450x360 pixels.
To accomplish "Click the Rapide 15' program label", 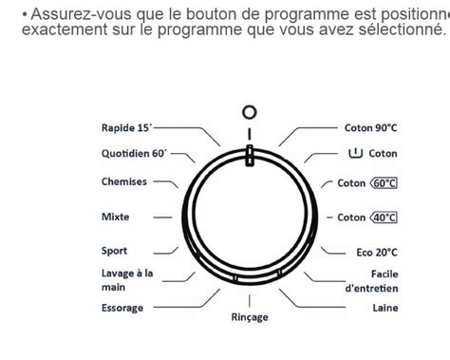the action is click(x=126, y=128).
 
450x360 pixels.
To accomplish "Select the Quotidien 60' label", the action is click(x=134, y=154).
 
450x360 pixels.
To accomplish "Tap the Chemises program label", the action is click(x=124, y=181).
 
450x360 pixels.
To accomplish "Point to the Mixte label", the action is click(x=116, y=217).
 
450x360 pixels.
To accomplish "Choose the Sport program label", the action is click(x=114, y=251).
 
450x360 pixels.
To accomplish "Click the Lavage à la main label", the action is click(x=127, y=280).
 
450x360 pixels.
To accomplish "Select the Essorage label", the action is click(x=122, y=308).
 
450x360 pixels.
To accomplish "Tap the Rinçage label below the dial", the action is click(x=250, y=317).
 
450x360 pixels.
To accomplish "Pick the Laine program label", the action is click(x=385, y=308).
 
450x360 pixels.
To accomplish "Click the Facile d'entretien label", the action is click(x=371, y=281).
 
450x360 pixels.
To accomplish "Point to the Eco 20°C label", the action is click(x=377, y=253).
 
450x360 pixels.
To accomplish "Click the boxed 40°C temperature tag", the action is click(x=384, y=218).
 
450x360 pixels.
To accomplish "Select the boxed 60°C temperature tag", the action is click(x=384, y=183).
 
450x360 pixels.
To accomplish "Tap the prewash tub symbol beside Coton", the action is click(x=355, y=153).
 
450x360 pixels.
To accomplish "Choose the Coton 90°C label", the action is click(x=370, y=128).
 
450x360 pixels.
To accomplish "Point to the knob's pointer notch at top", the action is click(x=250, y=156).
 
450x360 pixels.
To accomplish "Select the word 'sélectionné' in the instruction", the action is click(x=402, y=29).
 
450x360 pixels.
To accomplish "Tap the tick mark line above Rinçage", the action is click(x=250, y=301).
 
